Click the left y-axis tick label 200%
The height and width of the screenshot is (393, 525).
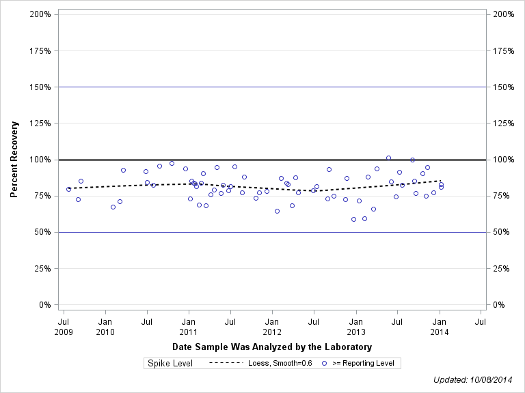coord(40,14)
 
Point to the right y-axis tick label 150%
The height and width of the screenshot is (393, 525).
coord(503,87)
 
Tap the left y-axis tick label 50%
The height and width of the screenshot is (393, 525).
coord(43,232)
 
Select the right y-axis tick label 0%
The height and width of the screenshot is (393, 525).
coord(500,305)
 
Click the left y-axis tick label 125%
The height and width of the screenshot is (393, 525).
coord(40,123)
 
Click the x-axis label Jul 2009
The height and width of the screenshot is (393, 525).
coord(64,326)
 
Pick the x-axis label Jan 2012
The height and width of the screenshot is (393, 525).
coord(272,326)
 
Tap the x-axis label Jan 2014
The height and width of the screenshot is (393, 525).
coord(440,326)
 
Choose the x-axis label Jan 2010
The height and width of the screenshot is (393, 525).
coord(105,326)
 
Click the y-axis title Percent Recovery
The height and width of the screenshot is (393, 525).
coord(14,160)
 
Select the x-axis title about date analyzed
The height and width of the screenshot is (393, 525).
coord(272,347)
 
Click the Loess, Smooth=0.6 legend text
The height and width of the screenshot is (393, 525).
coord(280,363)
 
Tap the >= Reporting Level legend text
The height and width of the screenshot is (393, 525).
coord(363,363)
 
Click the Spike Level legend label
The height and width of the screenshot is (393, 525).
coord(170,363)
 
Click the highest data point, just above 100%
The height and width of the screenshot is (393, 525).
coord(388,158)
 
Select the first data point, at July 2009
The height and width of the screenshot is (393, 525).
coord(68,189)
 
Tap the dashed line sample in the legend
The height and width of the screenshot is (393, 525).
coord(226,363)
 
